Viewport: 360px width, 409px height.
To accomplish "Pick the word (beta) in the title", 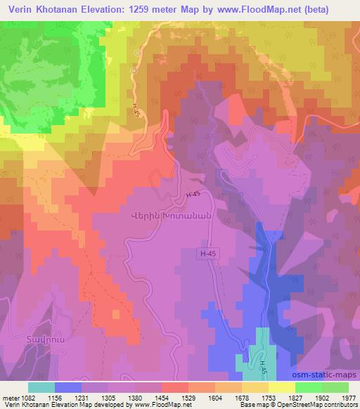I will tap(332, 9).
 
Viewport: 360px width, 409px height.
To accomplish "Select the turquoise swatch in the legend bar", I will tap(41, 387).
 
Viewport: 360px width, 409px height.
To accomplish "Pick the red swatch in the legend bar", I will tap(174, 387).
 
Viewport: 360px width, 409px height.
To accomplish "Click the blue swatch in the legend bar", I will tap(67, 387).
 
